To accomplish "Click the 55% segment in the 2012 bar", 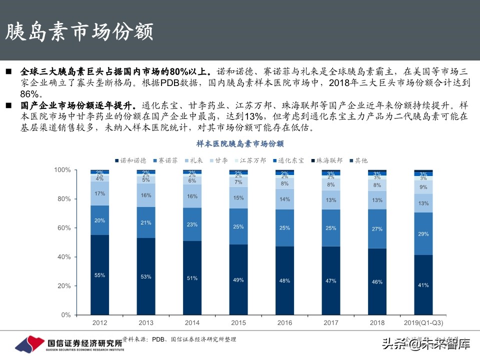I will (99, 275).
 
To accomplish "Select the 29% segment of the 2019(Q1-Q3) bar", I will (423, 234).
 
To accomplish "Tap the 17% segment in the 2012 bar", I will (99, 193).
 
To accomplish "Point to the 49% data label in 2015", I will (238, 279).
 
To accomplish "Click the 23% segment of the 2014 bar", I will (192, 224).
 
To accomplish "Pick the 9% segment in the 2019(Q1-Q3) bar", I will (423, 187).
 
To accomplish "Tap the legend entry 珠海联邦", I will (328, 160).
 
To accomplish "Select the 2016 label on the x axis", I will (284, 323).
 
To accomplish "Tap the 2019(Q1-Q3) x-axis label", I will (423, 323).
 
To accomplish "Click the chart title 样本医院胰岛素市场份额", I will (240, 144).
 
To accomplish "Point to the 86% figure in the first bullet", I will (31, 93).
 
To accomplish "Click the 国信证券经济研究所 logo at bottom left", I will (70, 344).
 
